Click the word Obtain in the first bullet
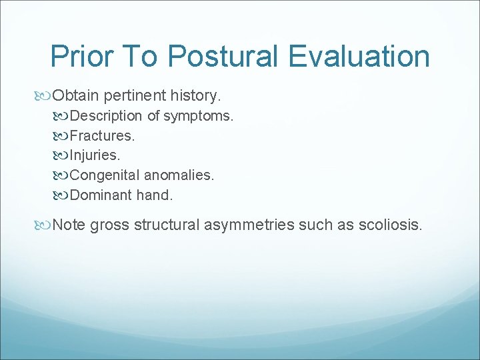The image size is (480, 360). pyautogui.click(x=76, y=96)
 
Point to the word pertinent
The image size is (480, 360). pyautogui.click(x=137, y=96)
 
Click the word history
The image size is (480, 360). pyautogui.click(x=197, y=96)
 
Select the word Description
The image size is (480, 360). pyautogui.click(x=106, y=116)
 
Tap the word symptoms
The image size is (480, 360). pyautogui.click(x=199, y=116)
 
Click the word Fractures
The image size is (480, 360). pyautogui.click(x=102, y=136)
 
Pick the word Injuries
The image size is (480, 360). pyautogui.click(x=96, y=156)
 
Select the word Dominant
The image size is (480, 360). pyautogui.click(x=99, y=195)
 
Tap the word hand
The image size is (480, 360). pyautogui.click(x=154, y=195)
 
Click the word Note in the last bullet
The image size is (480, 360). pyautogui.click(x=69, y=225)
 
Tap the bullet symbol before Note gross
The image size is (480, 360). pyautogui.click(x=45, y=225)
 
